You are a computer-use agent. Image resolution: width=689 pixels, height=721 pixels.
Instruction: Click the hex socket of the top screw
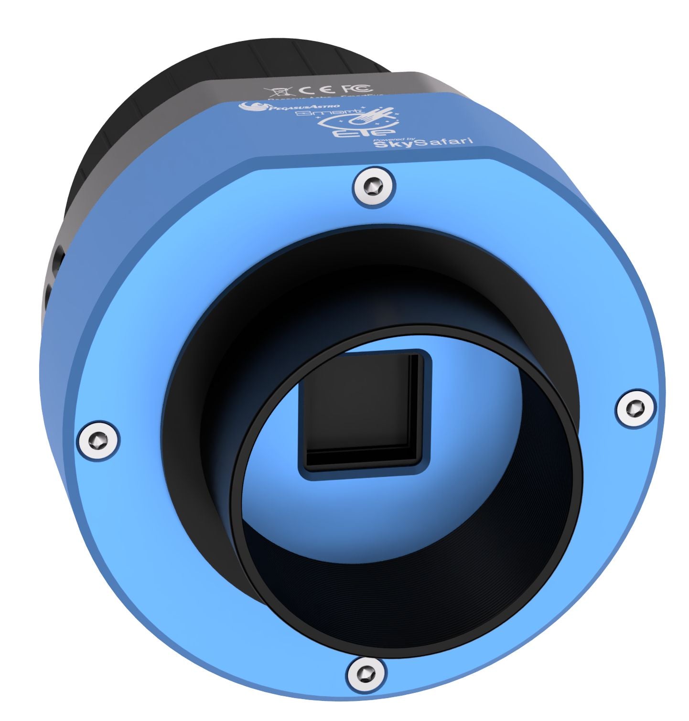(375, 187)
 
